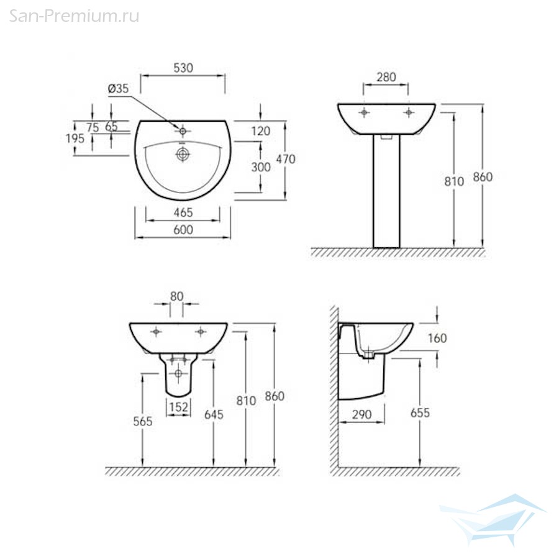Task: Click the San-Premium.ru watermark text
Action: (74, 16)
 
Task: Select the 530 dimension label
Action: (183, 68)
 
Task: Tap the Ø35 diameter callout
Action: (119, 88)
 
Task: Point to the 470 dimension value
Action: (286, 159)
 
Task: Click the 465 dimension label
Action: (183, 212)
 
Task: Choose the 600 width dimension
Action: (183, 230)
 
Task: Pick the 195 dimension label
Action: (75, 139)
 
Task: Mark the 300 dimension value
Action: (261, 167)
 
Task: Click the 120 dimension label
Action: (261, 131)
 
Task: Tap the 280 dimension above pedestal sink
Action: (386, 77)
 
